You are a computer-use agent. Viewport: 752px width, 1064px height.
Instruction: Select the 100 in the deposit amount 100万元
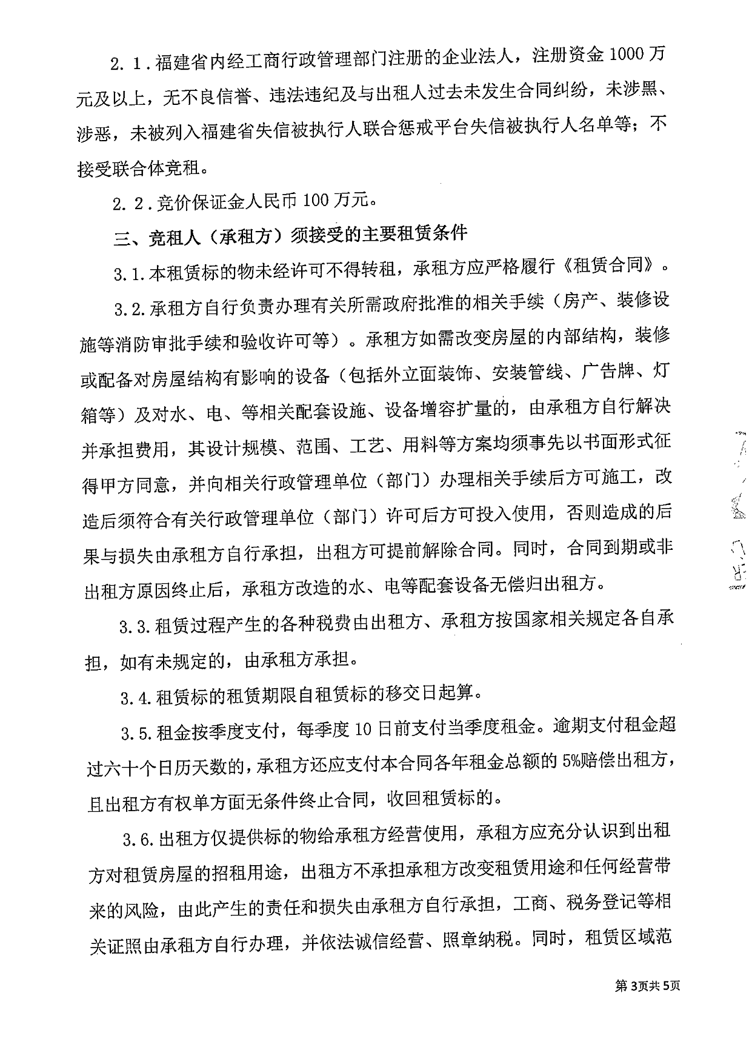tap(315, 201)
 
